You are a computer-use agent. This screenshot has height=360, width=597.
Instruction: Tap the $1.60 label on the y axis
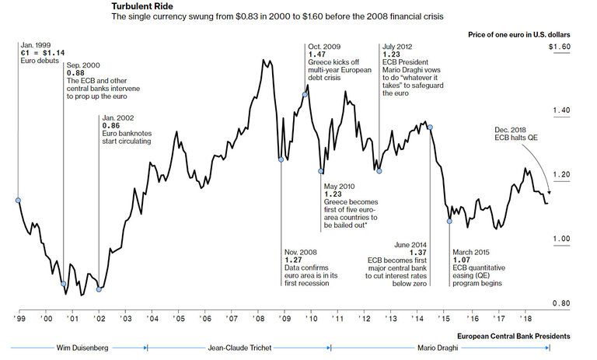[x=560, y=47]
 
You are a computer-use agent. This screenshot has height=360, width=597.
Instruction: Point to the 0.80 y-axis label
[x=560, y=304]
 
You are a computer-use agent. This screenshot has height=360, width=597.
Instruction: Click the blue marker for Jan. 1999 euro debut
[x=18, y=200]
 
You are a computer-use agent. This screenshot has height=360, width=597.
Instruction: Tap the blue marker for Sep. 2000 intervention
[x=64, y=284]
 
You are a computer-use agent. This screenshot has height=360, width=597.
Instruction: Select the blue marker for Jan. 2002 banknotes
[x=99, y=289]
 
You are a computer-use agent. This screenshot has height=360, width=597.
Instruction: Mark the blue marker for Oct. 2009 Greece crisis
[x=305, y=95]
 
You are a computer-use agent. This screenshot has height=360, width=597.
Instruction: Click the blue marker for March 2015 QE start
[x=449, y=221]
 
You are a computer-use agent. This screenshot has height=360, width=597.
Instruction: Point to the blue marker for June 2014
[x=430, y=128]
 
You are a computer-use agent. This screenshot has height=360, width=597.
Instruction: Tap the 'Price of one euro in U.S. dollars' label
[x=518, y=36]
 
